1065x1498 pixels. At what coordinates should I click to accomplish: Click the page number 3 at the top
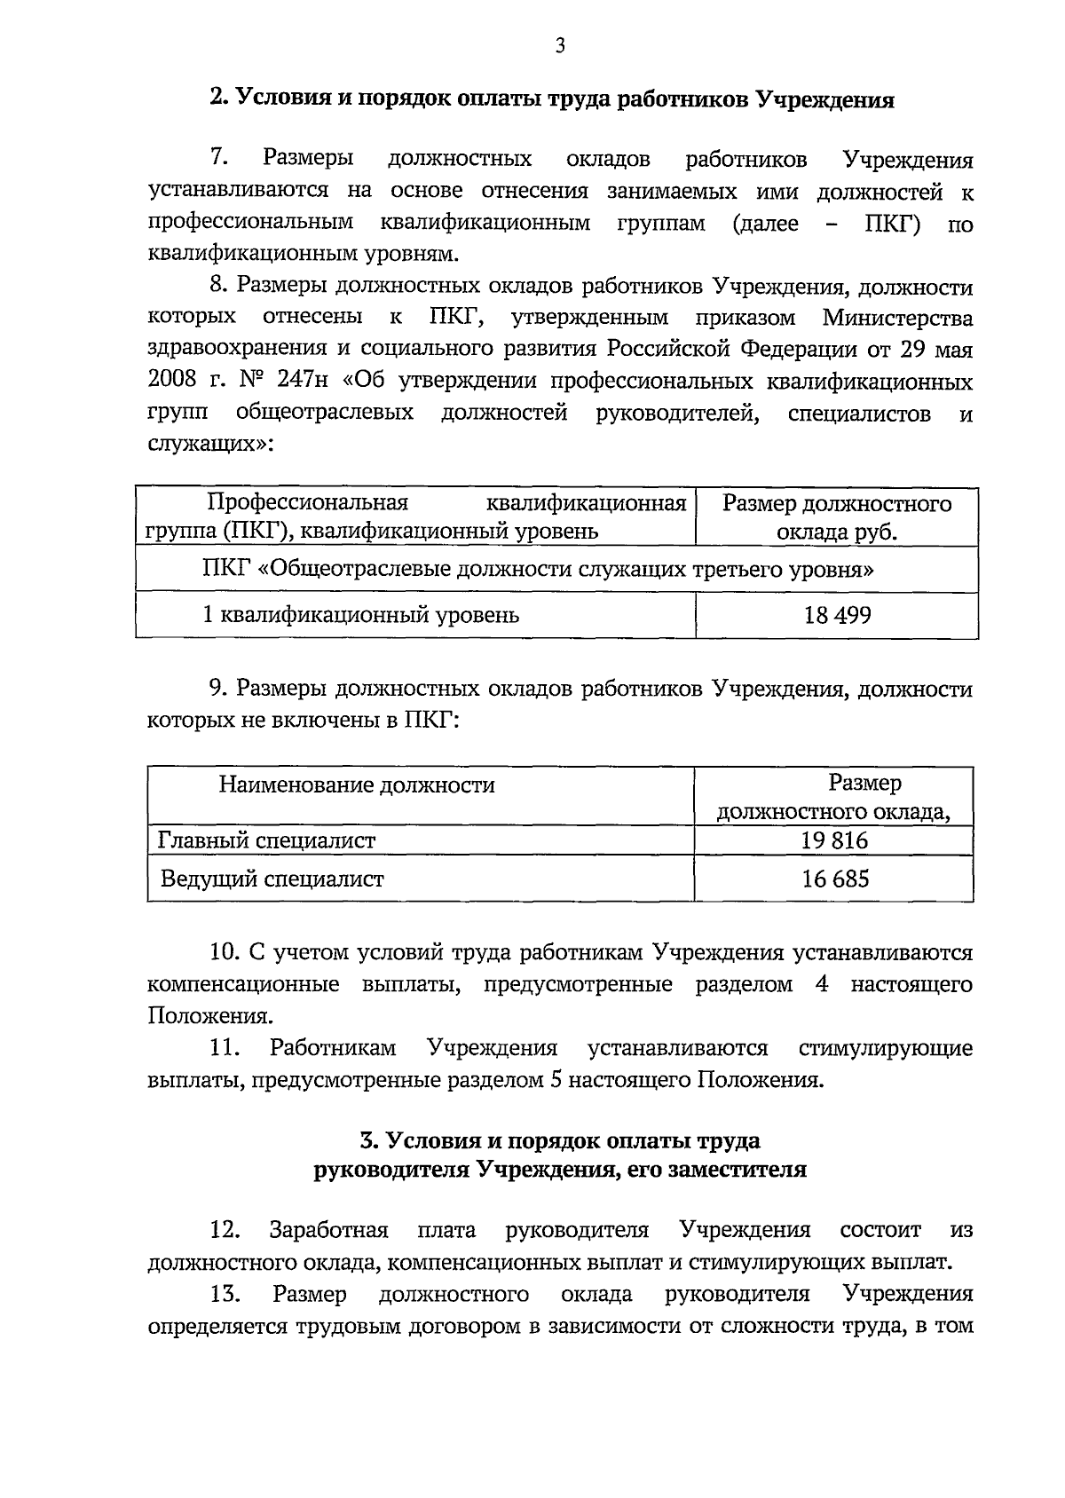[x=559, y=46]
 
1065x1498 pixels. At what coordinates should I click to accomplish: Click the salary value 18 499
[x=837, y=615]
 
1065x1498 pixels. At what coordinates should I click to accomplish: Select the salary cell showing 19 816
[x=834, y=840]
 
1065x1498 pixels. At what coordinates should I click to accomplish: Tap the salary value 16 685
[x=834, y=879]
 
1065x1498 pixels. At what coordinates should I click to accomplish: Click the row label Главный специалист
[x=266, y=840]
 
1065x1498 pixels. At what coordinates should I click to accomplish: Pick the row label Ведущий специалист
[x=272, y=879]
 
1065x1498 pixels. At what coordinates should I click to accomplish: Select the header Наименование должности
[x=357, y=785]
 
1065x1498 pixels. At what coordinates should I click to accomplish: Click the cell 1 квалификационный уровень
[x=361, y=615]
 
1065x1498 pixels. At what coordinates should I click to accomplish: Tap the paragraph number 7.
[x=220, y=159]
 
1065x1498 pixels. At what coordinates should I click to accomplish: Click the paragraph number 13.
[x=226, y=1294]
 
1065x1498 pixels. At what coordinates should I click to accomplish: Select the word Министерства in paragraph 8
[x=897, y=318]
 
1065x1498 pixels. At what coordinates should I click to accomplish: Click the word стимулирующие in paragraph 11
[x=886, y=1048]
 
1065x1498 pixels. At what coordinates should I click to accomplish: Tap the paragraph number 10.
[x=226, y=953]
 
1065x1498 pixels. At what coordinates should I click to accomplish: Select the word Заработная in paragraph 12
[x=328, y=1230]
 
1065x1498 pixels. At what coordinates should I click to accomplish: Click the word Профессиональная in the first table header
[x=307, y=504]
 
